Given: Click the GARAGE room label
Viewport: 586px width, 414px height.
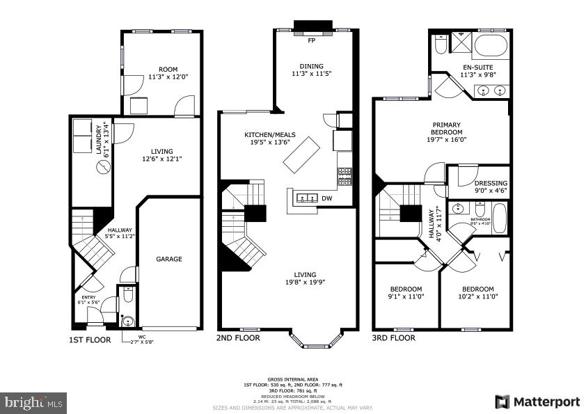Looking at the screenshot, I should coord(168,259).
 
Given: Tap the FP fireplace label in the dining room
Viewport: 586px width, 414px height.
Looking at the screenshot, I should coord(312,40).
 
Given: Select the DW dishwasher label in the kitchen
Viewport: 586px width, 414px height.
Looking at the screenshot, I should coord(327,198).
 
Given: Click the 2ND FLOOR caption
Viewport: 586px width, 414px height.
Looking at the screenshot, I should coord(239,338).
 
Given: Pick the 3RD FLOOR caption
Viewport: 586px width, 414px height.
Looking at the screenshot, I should coord(394,338).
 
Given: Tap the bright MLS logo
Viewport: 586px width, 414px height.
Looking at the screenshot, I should coord(34,402).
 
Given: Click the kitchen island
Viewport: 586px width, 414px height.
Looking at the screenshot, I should coord(301,155).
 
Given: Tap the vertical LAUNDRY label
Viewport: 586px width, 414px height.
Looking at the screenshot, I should coord(102,138).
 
